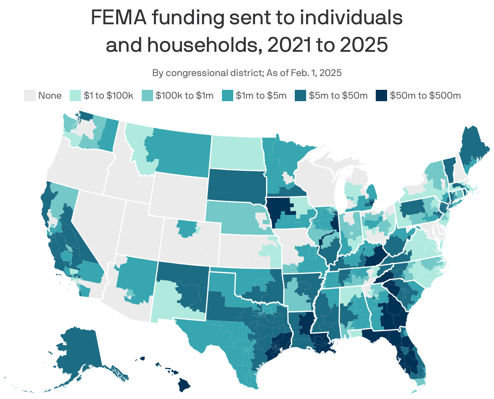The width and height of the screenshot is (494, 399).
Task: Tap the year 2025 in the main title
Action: pyautogui.click(x=364, y=45)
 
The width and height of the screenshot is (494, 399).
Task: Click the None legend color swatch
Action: pyautogui.click(x=30, y=96)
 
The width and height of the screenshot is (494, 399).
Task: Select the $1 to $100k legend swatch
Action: pyautogui.click(x=76, y=96)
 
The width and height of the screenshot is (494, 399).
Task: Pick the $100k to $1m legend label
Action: pyautogui.click(x=185, y=96)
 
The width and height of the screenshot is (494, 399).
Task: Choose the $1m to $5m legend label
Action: pyautogui.click(x=261, y=96)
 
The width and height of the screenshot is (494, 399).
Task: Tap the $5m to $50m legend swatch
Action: pyautogui.click(x=300, y=96)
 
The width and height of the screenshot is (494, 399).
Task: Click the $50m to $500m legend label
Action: pyautogui.click(x=426, y=96)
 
